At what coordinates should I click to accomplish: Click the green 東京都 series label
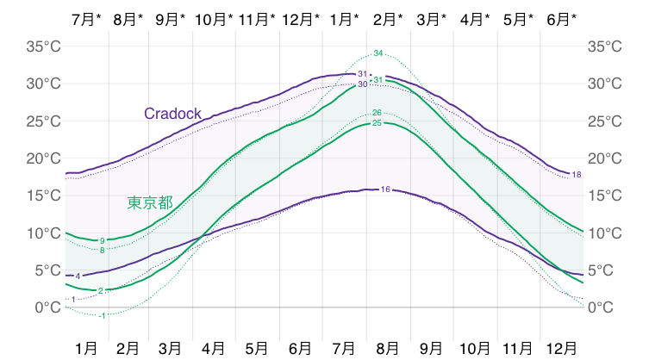150,202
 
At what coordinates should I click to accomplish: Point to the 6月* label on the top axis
562,19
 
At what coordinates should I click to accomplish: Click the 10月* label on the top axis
214,19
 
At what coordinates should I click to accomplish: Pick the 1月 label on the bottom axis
86,348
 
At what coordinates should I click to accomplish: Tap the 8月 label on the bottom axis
390,348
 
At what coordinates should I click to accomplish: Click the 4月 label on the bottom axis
215,348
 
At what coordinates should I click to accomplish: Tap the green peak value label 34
378,54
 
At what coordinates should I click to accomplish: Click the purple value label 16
385,189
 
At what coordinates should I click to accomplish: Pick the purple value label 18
577,175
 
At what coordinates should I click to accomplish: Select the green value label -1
103,315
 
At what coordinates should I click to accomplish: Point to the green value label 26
377,113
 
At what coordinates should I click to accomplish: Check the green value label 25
377,123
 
